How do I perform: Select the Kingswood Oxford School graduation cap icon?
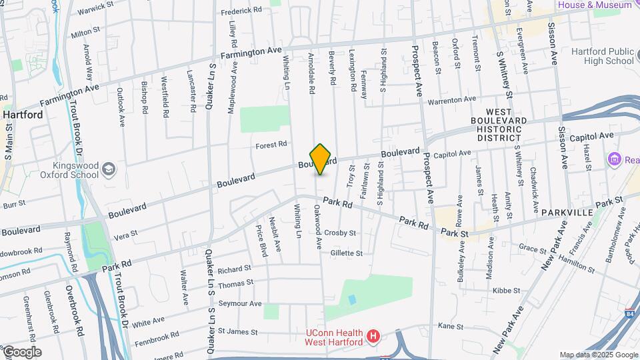pos(107,171)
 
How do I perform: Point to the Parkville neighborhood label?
pos(567,212)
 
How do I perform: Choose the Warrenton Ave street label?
pos(452,100)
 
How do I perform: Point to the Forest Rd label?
pos(271,144)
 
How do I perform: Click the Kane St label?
pos(451,326)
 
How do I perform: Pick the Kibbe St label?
pos(506,291)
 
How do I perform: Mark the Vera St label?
pos(126,235)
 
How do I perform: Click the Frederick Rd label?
pos(241,11)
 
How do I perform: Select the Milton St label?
pos(85,31)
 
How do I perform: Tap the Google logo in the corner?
pos(23,352)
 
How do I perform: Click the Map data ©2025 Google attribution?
pos(599,355)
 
